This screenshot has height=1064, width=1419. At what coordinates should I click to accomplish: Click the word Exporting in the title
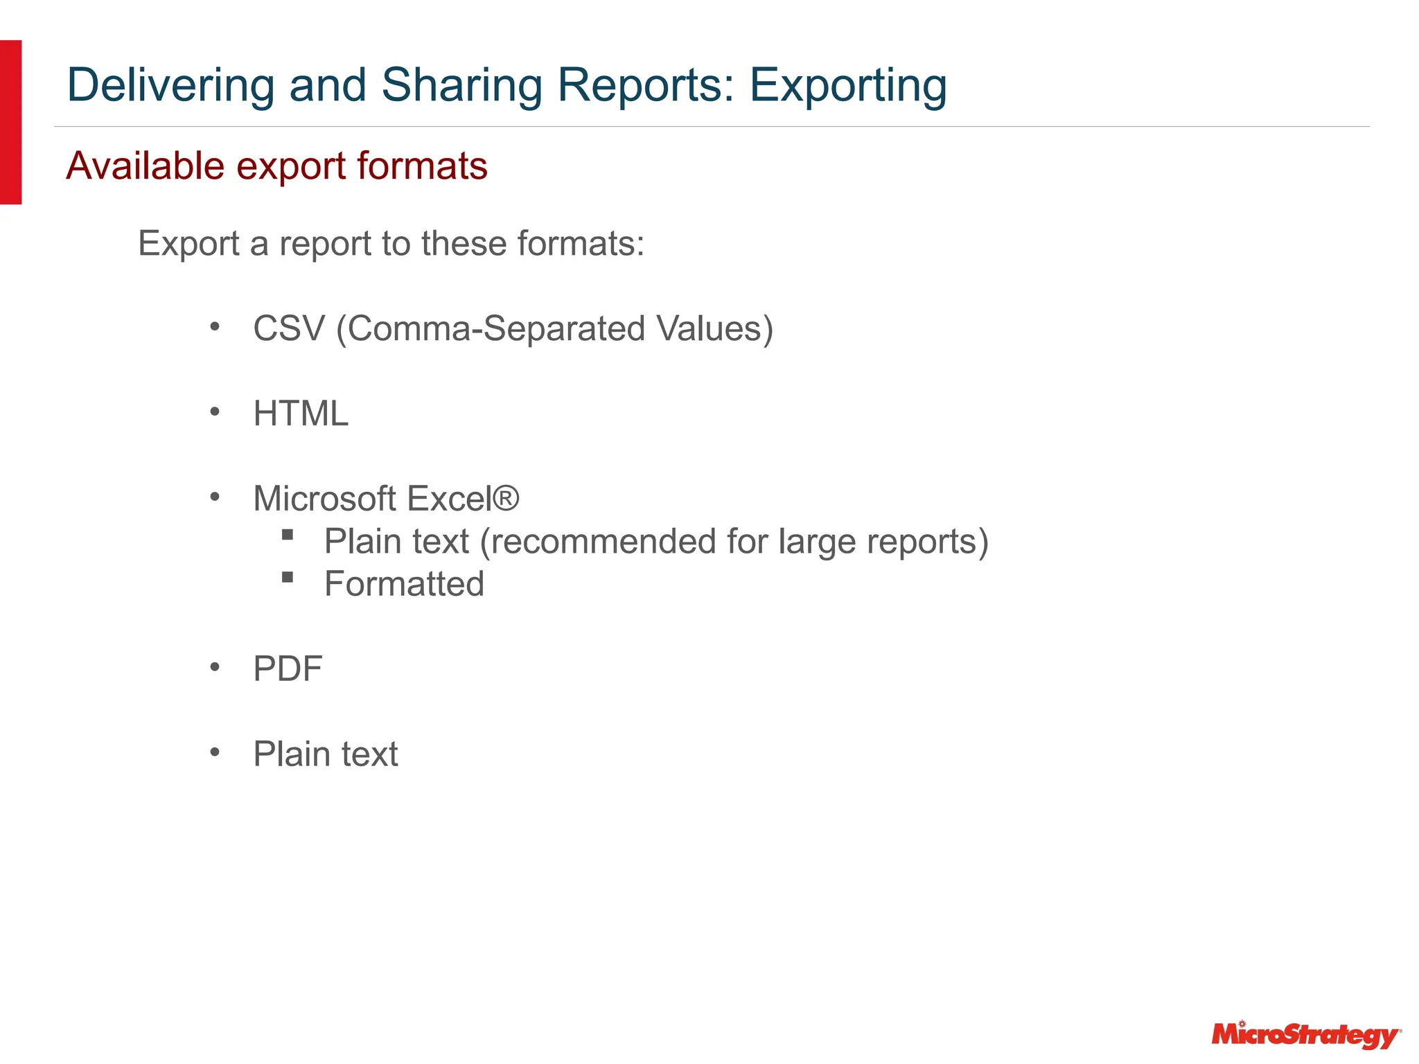[x=848, y=86]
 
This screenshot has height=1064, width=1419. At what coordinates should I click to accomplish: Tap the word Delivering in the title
[x=170, y=86]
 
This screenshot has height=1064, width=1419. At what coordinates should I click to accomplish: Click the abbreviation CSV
[x=289, y=328]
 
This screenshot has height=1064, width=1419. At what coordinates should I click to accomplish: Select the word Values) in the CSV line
[x=715, y=328]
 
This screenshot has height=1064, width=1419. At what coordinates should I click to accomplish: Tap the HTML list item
[x=301, y=414]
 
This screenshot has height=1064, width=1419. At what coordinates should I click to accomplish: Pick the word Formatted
[x=404, y=584]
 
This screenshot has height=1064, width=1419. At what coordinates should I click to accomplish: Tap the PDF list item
[x=288, y=669]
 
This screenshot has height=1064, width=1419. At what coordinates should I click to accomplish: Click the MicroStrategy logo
[x=1305, y=1035]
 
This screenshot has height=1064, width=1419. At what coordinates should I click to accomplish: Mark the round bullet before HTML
[x=215, y=412]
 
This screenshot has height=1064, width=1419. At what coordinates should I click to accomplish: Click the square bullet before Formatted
[x=288, y=577]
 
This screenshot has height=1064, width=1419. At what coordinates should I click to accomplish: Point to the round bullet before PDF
[x=215, y=667]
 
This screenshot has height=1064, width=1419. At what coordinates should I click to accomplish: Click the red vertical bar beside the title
[x=10, y=122]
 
